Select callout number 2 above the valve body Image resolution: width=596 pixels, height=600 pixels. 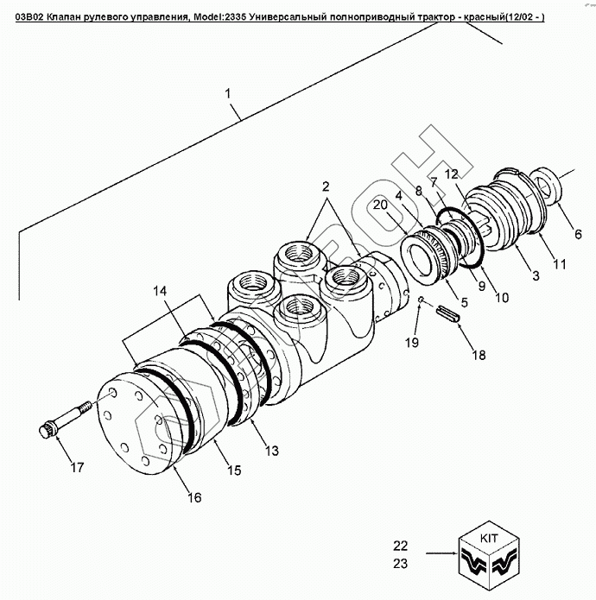(x=326, y=186)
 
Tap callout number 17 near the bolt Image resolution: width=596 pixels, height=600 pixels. (x=77, y=468)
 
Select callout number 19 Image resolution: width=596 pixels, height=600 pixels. (x=412, y=343)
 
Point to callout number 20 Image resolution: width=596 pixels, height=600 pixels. (x=379, y=205)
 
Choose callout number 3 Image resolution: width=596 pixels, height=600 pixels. (x=535, y=275)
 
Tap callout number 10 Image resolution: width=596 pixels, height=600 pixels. (x=501, y=297)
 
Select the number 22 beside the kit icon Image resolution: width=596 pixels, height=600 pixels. (x=399, y=546)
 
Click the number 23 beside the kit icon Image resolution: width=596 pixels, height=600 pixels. (x=399, y=563)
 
